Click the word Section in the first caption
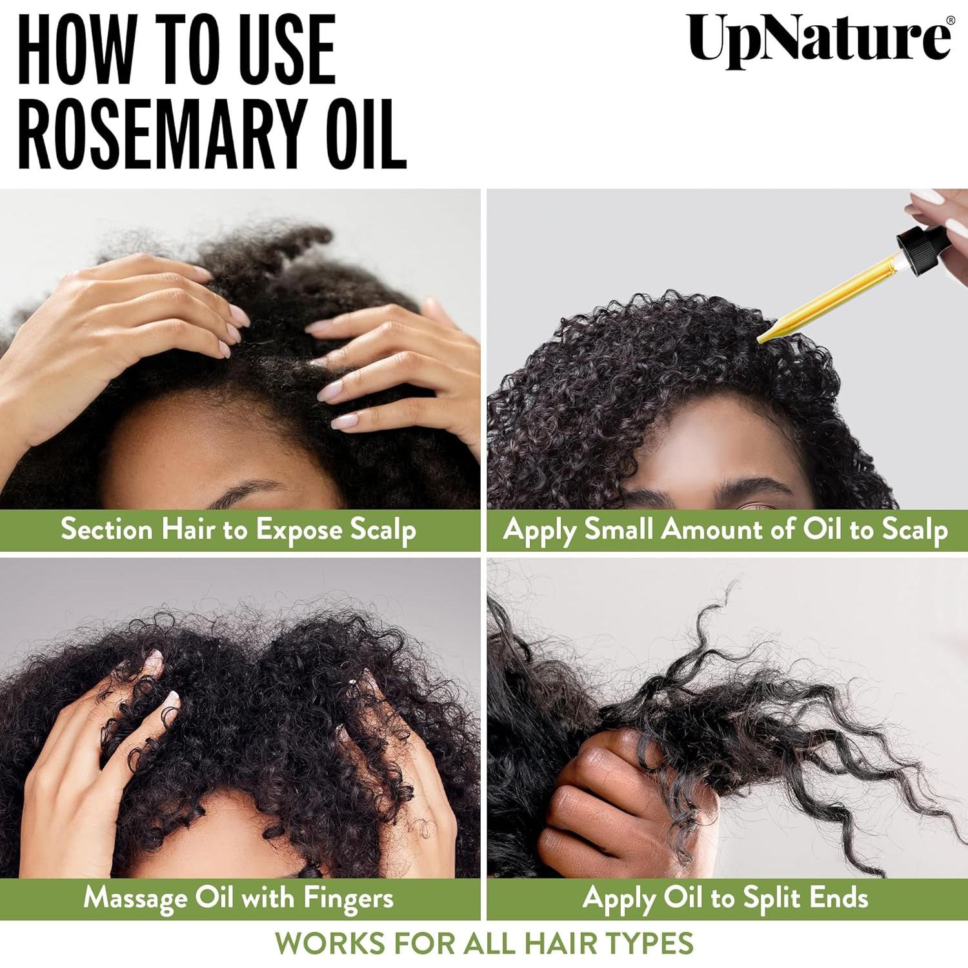106,529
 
